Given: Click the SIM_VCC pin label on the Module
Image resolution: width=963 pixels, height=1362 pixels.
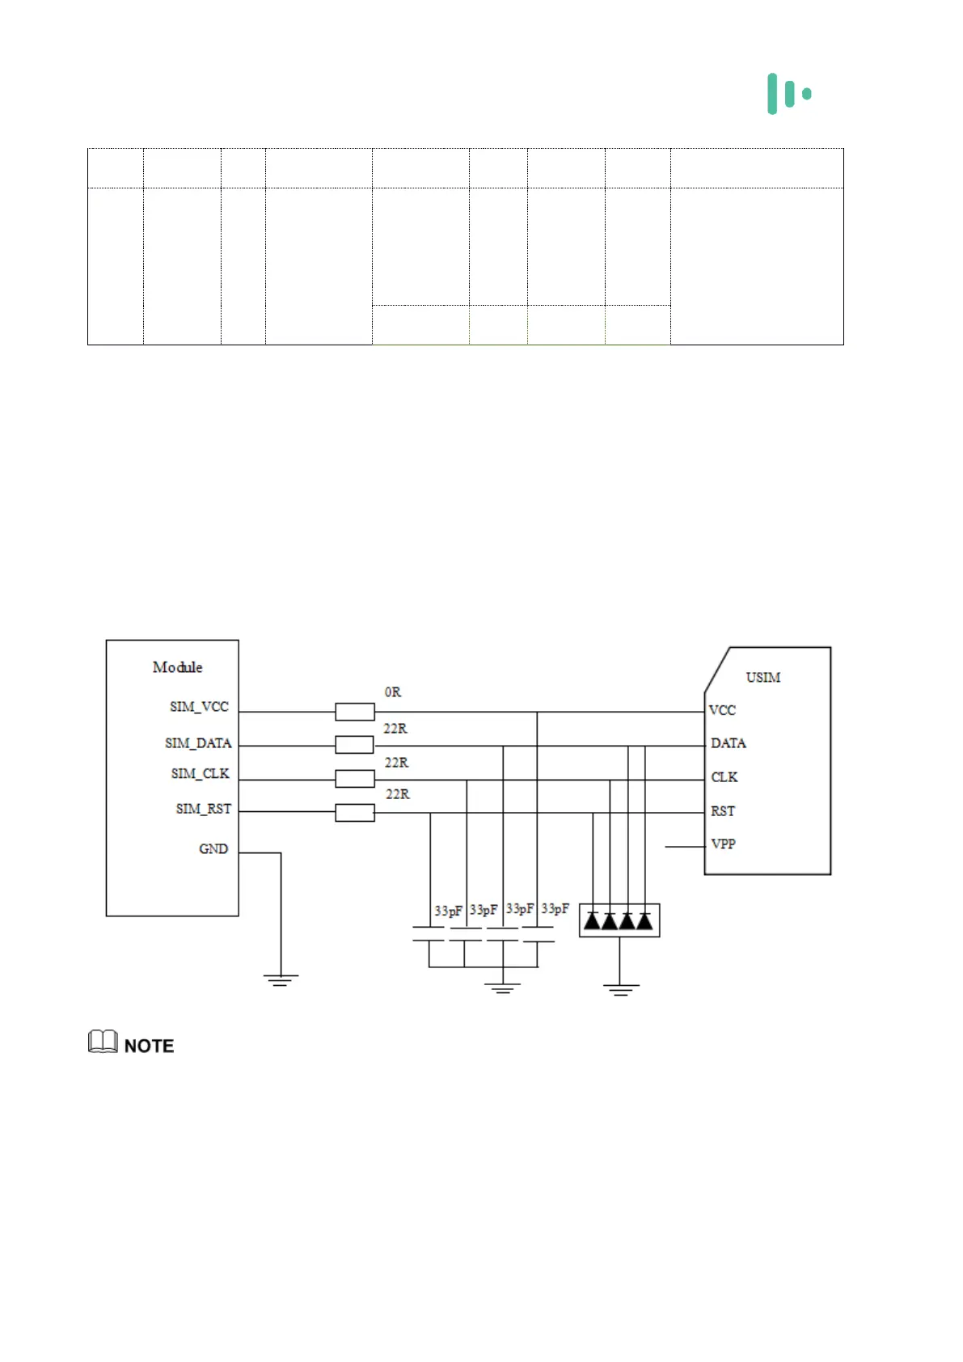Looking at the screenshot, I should point(199,707).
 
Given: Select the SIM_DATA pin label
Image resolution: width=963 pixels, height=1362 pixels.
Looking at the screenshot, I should point(198,743).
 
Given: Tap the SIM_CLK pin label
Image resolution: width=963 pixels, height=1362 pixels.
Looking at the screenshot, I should point(200,774).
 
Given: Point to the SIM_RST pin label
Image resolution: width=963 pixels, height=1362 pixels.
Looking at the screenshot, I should point(203,809).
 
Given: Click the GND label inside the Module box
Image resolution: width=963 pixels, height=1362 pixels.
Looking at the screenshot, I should point(213,849).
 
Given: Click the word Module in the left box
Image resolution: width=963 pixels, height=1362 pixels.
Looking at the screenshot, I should point(177,667).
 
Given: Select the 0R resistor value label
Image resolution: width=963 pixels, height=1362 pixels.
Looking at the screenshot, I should point(393,692).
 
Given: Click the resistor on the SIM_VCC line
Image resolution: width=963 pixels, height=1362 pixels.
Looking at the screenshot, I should point(355,712).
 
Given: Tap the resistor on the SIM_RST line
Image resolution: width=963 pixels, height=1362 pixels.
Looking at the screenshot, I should point(355,813).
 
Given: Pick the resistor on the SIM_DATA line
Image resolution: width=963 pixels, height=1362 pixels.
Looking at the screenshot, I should point(355,745).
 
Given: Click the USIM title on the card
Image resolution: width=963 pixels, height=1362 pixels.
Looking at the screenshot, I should point(762,678).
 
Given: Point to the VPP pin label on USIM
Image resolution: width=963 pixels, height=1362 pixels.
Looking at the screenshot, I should point(723,844).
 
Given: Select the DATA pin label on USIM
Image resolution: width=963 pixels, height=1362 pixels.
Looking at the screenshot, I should point(728,743).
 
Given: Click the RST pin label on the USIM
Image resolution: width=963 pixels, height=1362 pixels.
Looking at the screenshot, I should point(723,811).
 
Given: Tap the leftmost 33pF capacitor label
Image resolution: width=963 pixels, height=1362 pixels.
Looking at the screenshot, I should point(448,911).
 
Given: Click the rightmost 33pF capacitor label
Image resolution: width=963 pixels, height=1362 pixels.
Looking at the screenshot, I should point(555,909).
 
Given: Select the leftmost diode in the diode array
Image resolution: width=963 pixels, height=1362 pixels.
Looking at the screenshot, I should point(593,920).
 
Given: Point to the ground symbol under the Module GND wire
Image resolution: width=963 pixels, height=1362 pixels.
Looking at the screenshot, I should point(281,980).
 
